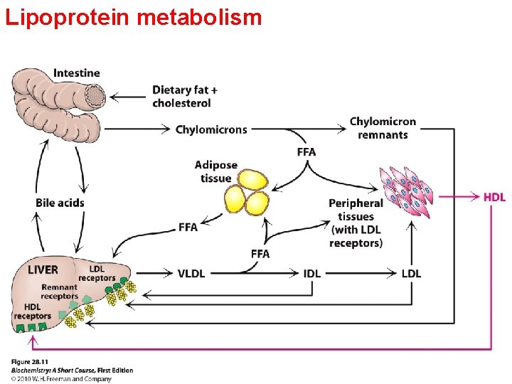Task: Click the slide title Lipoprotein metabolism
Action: click(x=134, y=16)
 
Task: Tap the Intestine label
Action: click(x=77, y=73)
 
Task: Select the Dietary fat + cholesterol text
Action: click(x=185, y=96)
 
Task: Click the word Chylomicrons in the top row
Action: click(x=211, y=129)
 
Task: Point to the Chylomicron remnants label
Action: click(x=383, y=128)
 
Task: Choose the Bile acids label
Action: click(x=60, y=203)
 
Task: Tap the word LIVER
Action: click(x=43, y=270)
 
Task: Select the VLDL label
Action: click(x=191, y=274)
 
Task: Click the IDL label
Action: click(x=311, y=274)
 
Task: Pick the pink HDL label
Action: click(x=494, y=197)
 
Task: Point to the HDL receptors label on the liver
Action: click(x=32, y=311)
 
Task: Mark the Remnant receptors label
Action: click(x=59, y=292)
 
